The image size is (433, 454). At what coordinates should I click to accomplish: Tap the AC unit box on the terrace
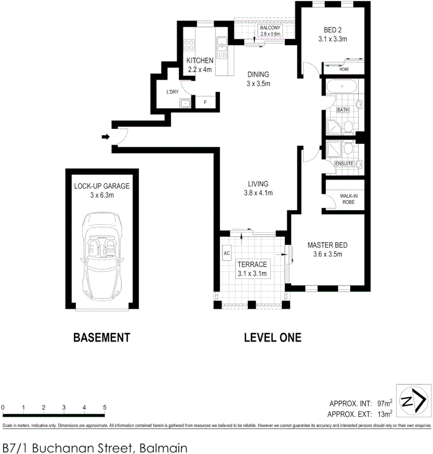[x=226, y=253]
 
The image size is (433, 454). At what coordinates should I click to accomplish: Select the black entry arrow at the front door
[x=105, y=137]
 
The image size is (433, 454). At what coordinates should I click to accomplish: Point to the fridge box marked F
[x=206, y=102]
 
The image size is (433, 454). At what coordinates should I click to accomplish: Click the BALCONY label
[x=270, y=28]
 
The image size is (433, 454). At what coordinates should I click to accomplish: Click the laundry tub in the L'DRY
[x=185, y=103]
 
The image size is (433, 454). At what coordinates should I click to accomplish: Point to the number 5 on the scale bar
[x=104, y=407]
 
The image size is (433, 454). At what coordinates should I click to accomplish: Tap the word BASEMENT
[x=101, y=337]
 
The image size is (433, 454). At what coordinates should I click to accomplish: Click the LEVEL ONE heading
[x=273, y=337]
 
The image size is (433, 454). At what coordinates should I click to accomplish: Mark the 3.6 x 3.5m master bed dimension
[x=327, y=254]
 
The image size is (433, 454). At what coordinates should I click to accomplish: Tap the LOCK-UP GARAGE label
[x=101, y=186]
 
